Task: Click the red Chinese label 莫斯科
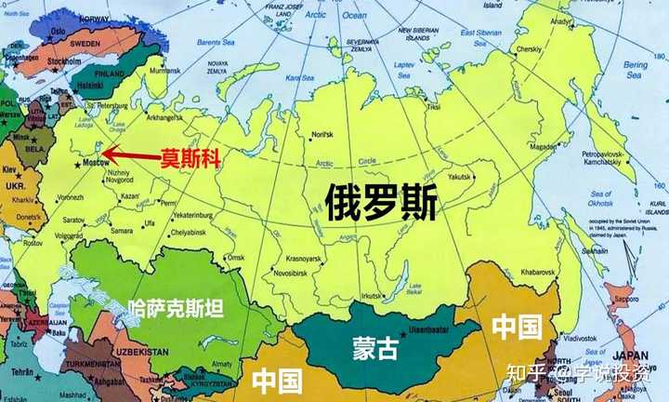[x=192, y=158]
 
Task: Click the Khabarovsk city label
[x=541, y=270]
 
